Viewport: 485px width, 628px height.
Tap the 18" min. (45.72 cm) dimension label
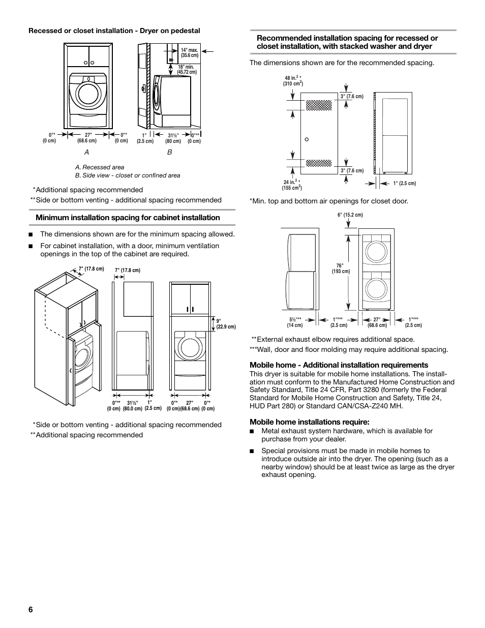187,70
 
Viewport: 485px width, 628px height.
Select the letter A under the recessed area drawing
86,152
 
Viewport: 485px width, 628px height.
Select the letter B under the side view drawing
170,152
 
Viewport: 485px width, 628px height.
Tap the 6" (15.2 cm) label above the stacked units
350,215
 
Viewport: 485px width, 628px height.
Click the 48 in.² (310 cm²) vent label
293,80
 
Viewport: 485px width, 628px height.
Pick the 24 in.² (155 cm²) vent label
291,185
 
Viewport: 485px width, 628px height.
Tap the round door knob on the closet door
307,139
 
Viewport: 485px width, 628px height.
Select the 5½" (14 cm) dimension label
295,322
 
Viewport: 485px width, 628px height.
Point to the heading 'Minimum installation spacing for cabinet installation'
128,218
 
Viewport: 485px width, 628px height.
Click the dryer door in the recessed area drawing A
89,94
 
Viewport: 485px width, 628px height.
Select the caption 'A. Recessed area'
100,167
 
